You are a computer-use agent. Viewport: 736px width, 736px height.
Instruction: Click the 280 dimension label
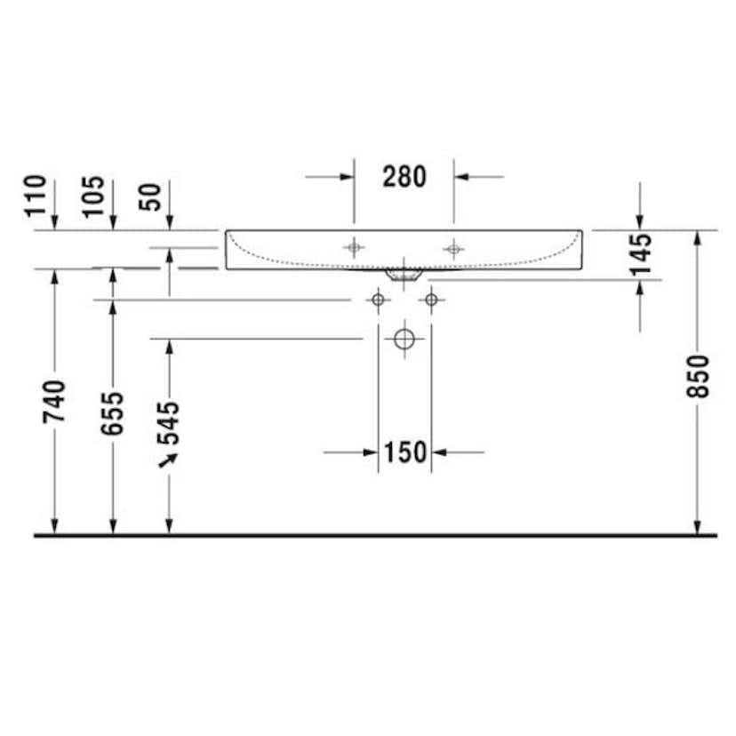(404, 177)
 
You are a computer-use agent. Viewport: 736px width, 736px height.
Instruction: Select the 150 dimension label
(405, 452)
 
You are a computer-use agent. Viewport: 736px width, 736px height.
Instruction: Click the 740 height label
(55, 405)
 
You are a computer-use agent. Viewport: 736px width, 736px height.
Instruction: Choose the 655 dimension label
(113, 414)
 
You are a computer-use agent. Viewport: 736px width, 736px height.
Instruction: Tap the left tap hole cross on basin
(355, 248)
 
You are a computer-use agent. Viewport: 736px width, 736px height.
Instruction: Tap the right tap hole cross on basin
(453, 248)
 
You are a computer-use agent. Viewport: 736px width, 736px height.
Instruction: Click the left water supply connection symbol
(378, 300)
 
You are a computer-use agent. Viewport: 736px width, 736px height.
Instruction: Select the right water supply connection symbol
(431, 300)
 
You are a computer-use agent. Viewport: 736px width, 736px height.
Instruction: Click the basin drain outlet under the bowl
(404, 275)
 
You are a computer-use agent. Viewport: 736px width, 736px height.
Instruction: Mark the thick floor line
(373, 536)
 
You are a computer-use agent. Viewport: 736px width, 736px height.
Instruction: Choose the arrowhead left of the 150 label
(371, 452)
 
